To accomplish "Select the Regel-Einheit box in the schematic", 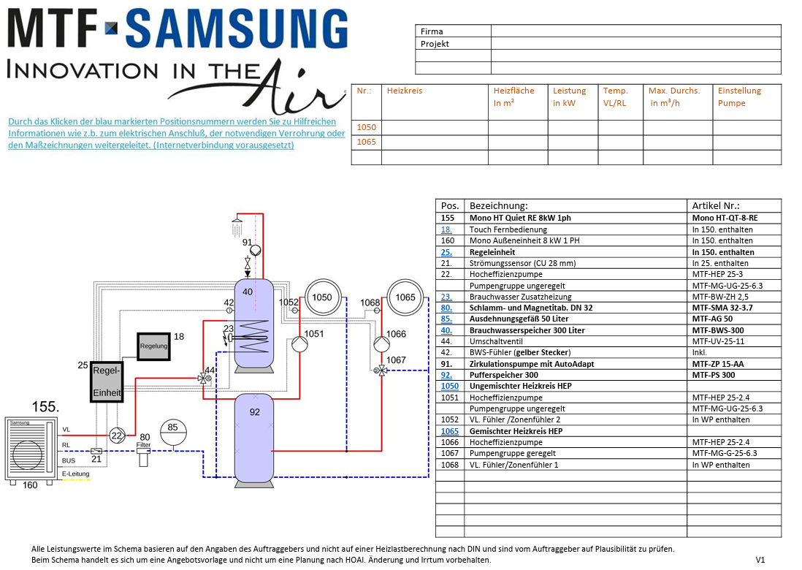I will pyautogui.click(x=107, y=382).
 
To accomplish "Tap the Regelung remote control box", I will pyautogui.click(x=153, y=346).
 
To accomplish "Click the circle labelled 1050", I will pyautogui.click(x=322, y=297).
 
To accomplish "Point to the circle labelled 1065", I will pyautogui.click(x=405, y=297).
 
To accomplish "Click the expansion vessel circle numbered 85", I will pyautogui.click(x=173, y=427).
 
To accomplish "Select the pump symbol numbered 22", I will pyautogui.click(x=116, y=435).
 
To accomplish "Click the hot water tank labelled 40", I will pyautogui.click(x=248, y=322).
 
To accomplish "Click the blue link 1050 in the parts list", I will pyautogui.click(x=450, y=386).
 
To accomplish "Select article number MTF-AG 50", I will pyautogui.click(x=711, y=319).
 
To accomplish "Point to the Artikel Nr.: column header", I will pyautogui.click(x=716, y=206).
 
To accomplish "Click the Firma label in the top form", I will pyautogui.click(x=432, y=31).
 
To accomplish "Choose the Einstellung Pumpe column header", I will pyautogui.click(x=739, y=97).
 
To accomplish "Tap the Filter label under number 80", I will pyautogui.click(x=143, y=444).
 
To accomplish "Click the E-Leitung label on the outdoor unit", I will pyautogui.click(x=76, y=474).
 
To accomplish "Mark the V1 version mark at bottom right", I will pyautogui.click(x=760, y=560).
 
